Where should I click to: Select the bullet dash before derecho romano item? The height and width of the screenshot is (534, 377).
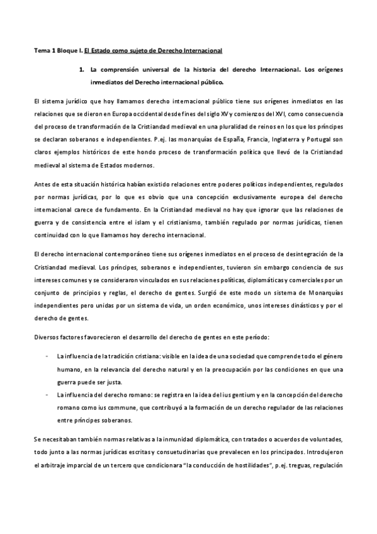coord(47,394)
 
